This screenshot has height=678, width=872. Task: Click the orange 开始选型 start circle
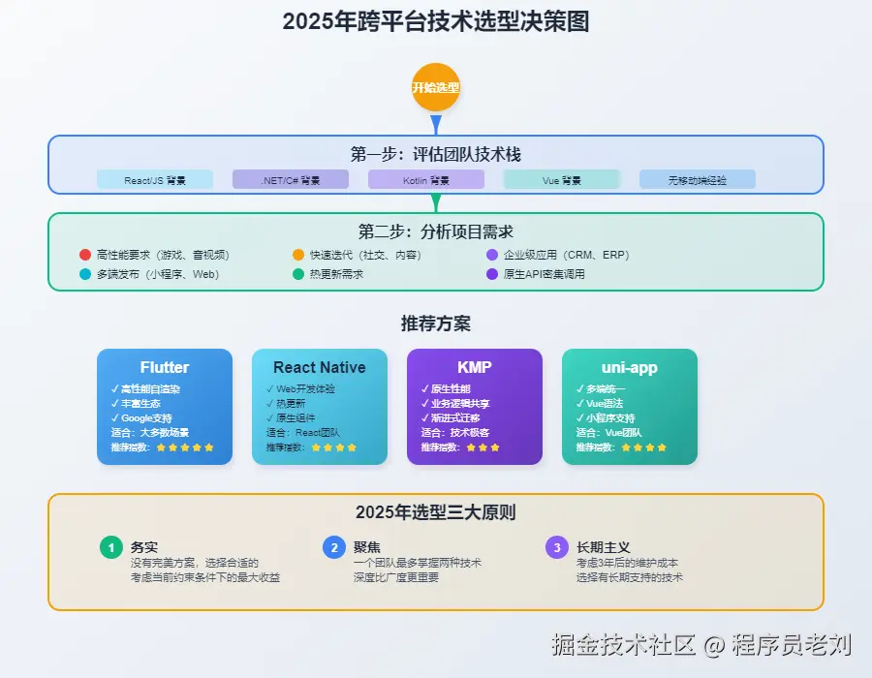click(435, 87)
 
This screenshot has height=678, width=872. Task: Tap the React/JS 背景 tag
click(155, 180)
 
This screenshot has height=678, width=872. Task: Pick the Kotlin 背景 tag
click(426, 180)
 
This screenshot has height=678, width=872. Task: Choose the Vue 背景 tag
click(562, 180)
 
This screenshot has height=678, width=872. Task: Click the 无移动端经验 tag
click(698, 180)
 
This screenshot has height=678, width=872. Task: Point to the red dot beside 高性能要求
click(85, 255)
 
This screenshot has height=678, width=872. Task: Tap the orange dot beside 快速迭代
click(298, 255)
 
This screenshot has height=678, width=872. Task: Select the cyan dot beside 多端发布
click(85, 274)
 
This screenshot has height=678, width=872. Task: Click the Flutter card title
click(165, 368)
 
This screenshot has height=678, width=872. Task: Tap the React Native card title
click(320, 368)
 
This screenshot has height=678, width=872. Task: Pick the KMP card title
click(475, 368)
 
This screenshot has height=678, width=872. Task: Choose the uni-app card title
click(630, 368)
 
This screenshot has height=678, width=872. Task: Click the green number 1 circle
click(111, 547)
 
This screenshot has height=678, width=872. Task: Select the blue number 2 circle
click(334, 547)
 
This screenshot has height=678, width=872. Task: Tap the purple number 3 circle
click(557, 547)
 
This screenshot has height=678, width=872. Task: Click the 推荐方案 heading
click(436, 324)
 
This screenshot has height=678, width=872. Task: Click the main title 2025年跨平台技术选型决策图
click(436, 22)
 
